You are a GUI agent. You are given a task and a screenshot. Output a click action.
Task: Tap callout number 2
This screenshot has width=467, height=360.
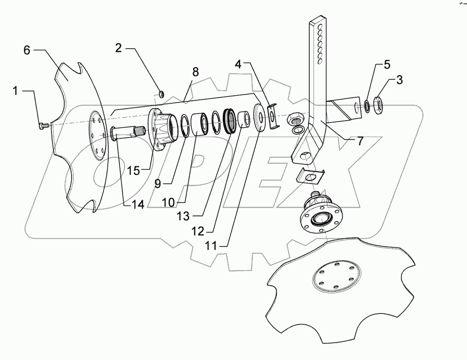(x=119, y=48)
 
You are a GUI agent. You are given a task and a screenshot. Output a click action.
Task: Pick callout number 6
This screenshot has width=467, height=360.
(x=28, y=50)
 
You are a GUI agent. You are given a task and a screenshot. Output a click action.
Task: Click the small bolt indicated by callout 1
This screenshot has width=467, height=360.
(x=44, y=125)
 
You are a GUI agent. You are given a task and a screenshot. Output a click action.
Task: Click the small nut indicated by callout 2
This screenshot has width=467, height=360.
(x=161, y=94)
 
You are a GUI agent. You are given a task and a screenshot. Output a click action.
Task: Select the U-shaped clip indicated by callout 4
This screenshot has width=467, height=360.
(x=272, y=117)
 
